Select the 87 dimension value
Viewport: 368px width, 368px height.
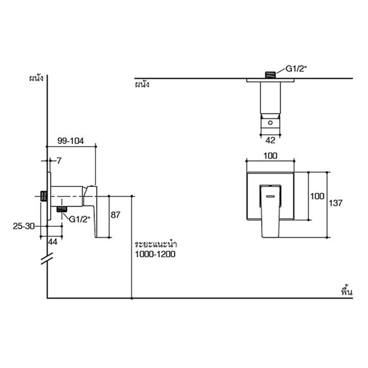coord(115,215)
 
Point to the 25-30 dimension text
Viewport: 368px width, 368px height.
coord(23,226)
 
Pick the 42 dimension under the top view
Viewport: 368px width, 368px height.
coord(270,139)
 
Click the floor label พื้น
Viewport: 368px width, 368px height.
coord(347,292)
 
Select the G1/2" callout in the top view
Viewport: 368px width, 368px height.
coord(296,69)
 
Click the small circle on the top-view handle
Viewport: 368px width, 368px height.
coord(270,122)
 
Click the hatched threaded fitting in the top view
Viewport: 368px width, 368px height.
coord(270,75)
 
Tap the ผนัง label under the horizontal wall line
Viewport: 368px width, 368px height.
coord(142,85)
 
